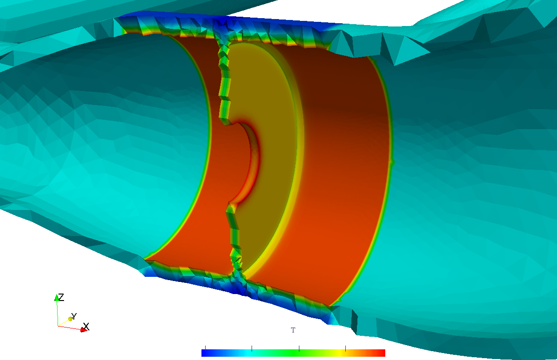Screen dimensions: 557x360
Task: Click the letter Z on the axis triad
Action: pos(61,297)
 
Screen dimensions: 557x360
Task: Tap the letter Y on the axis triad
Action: pos(74,316)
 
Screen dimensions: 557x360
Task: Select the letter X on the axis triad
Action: pos(86,327)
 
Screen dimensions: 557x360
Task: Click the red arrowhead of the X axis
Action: pos(84,330)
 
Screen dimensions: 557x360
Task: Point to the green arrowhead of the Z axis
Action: pos(57,298)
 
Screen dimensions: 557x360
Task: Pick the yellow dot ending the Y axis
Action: pos(71,319)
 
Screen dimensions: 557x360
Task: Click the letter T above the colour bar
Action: pos(293,330)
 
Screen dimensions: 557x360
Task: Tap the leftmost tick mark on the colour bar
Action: pos(205,348)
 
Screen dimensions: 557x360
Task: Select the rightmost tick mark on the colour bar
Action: pos(346,348)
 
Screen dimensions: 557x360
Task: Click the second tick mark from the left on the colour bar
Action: pos(252,348)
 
